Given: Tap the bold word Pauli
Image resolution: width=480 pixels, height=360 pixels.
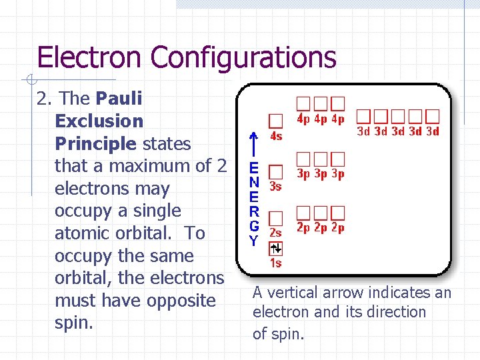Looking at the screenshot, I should click(x=119, y=99).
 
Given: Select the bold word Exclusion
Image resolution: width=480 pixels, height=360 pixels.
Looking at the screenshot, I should click(x=99, y=121).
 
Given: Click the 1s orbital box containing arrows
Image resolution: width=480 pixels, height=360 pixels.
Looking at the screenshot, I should click(x=275, y=248).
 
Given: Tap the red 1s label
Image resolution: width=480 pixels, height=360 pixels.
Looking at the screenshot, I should click(x=275, y=263).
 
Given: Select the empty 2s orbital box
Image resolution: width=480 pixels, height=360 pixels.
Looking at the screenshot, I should click(x=275, y=218).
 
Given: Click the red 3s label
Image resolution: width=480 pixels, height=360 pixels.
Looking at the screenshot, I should click(x=275, y=187).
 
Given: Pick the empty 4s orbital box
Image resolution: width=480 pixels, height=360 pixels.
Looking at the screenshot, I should click(x=275, y=121).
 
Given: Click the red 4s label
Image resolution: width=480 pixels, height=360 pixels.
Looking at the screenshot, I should click(x=275, y=137).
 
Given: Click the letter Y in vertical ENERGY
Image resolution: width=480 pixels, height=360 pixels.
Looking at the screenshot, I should click(x=253, y=241).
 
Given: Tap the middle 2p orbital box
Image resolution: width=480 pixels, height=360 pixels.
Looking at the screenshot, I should click(x=321, y=213).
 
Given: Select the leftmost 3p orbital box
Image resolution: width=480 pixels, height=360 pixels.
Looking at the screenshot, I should click(x=303, y=159).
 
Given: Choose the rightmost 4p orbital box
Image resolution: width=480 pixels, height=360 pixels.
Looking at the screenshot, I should click(x=338, y=104).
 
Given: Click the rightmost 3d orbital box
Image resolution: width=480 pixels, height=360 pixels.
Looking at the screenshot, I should click(x=433, y=116).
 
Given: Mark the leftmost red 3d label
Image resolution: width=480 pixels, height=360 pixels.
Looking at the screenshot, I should click(x=363, y=131).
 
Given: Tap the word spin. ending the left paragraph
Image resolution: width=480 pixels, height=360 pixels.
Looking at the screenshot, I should click(x=74, y=323).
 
